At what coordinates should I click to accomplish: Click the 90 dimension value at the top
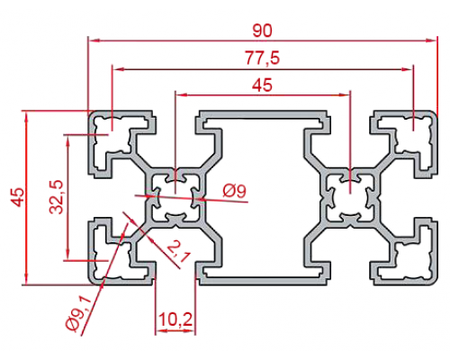tap(262, 31)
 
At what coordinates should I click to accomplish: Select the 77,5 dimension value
tap(262, 58)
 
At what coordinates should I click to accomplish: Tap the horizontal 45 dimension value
tap(262, 85)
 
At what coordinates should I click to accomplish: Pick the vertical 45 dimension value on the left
tap(18, 197)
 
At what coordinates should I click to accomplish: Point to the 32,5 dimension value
tap(56, 197)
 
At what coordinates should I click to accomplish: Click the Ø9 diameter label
tap(234, 191)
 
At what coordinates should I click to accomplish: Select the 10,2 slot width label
tap(175, 319)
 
